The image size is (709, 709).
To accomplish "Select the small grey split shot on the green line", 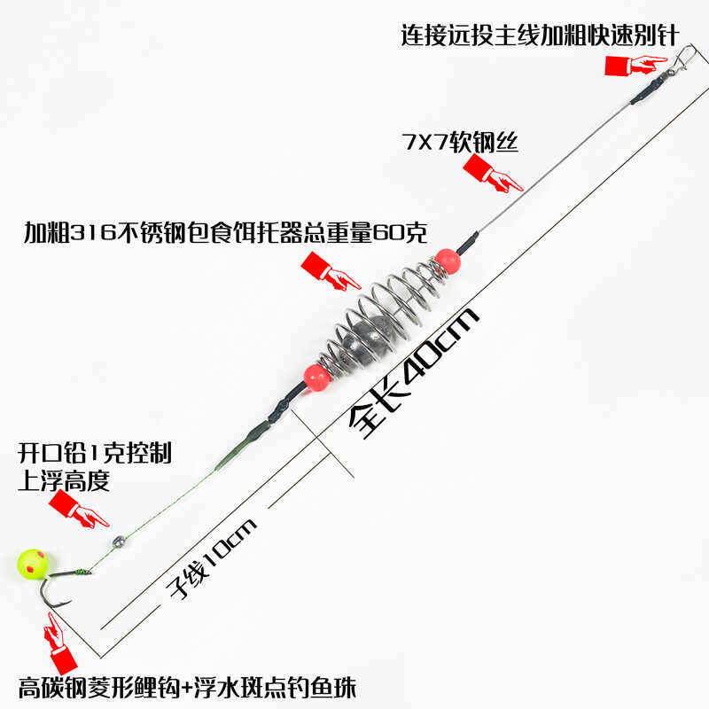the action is click(114, 539).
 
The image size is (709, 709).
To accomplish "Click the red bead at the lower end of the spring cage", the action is click(315, 377).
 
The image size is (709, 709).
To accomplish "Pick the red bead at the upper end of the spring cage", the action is click(447, 260).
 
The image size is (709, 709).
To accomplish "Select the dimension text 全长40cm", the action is click(412, 372).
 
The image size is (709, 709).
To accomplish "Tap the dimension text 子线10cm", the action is click(213, 558).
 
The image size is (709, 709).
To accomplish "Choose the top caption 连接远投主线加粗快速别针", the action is click(539, 35).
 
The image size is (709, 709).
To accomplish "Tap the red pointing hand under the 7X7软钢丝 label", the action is click(491, 173).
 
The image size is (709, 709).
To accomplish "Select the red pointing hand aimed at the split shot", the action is click(78, 510).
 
